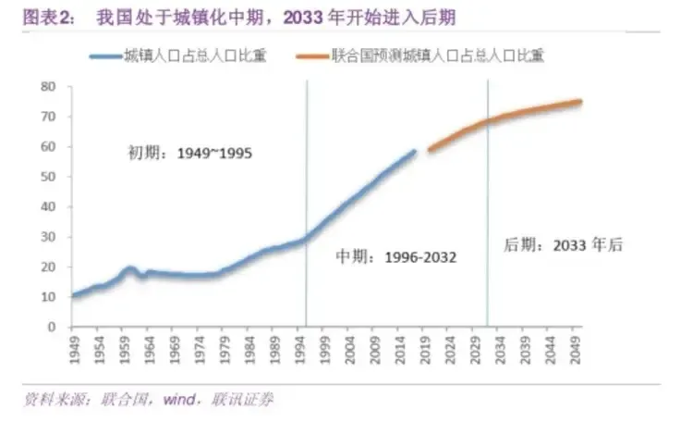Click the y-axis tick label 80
click(x=49, y=86)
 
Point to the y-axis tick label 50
click(x=49, y=177)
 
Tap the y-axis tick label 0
click(x=53, y=327)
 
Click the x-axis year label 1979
click(x=218, y=349)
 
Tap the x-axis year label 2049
click(x=577, y=349)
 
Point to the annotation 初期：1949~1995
click(x=189, y=154)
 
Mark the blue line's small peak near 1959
click(x=130, y=268)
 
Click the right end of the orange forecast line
click(x=580, y=101)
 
